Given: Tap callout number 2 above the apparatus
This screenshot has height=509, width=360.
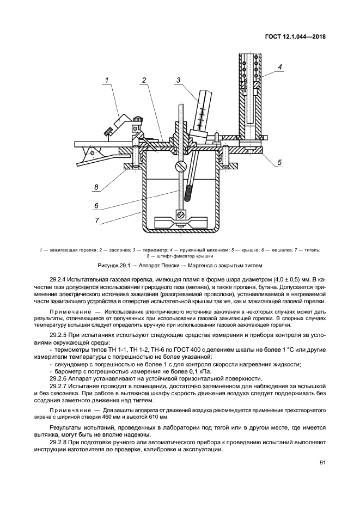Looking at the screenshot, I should [144, 81].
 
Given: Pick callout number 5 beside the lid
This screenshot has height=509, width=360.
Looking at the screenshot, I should [279, 162].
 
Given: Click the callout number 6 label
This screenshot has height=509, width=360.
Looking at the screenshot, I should [96, 206].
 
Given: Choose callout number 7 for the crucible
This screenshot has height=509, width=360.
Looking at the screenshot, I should [96, 220].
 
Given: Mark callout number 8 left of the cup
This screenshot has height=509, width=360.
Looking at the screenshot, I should [96, 188].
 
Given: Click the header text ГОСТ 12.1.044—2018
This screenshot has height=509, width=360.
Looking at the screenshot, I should [296, 38].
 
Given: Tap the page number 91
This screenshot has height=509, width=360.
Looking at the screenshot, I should [322, 463].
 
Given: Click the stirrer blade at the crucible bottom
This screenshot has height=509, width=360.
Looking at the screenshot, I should [179, 222].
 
